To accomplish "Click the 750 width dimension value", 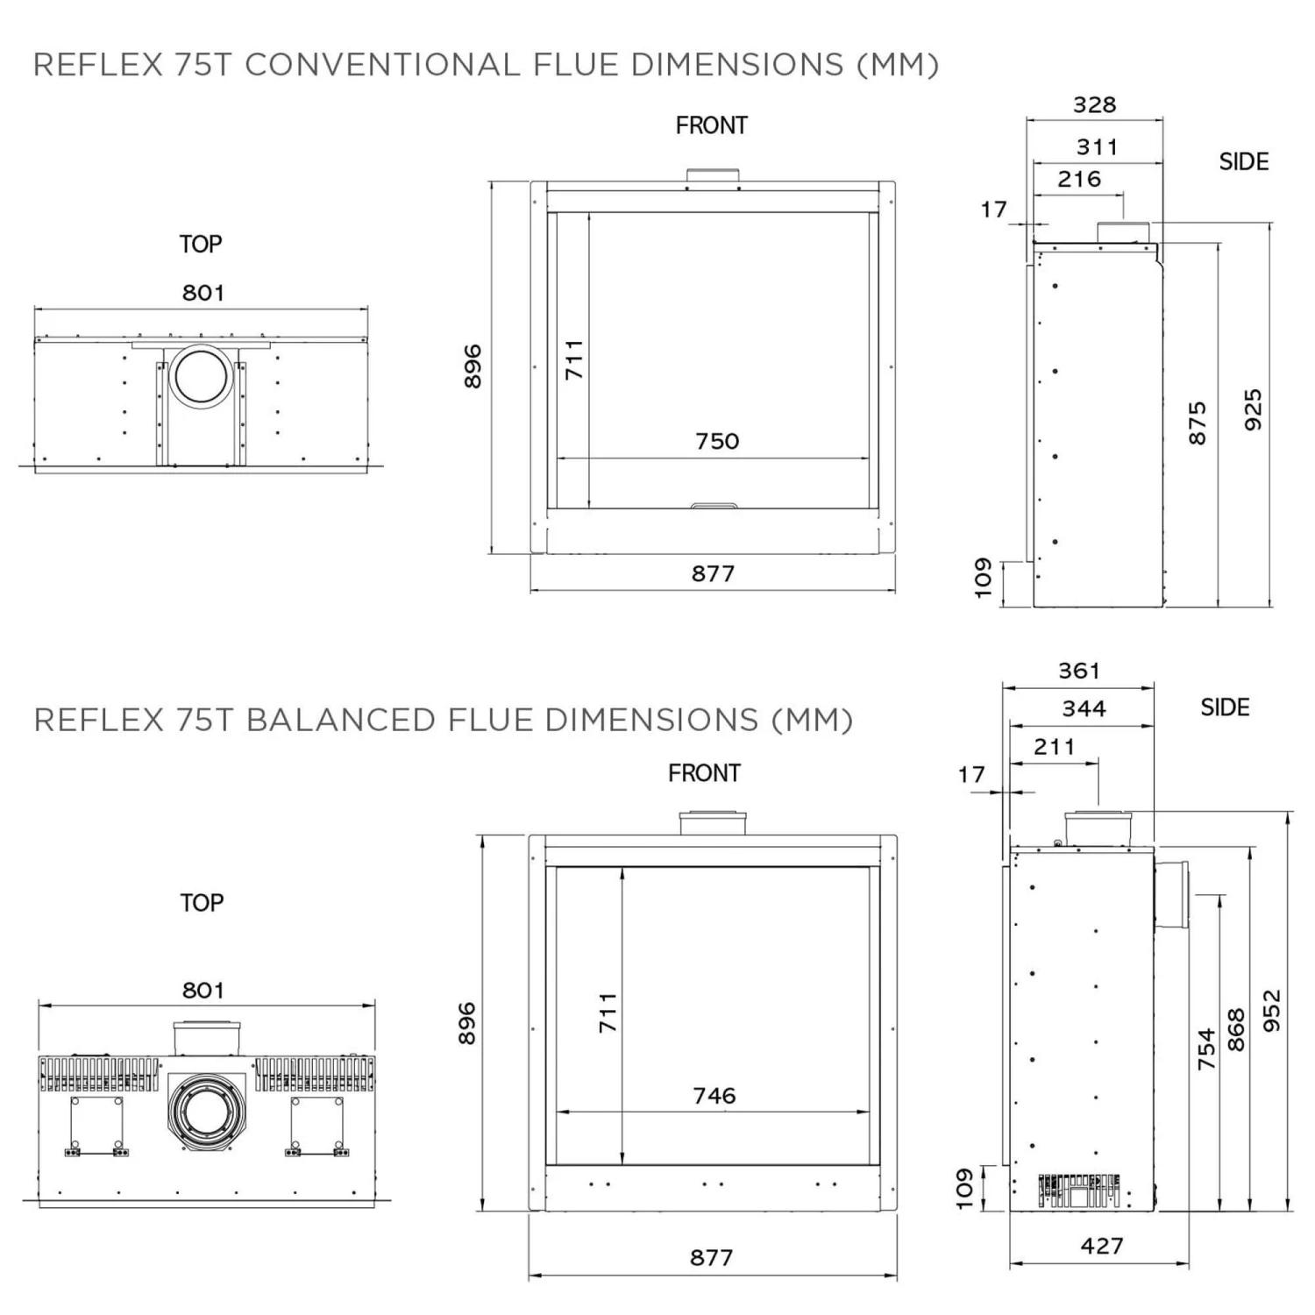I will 717,441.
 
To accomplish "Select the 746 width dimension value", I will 714,1095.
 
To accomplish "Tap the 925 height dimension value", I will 1254,409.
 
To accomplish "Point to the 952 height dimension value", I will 1272,1011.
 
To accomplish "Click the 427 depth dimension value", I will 1102,1246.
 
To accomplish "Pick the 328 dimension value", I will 1095,105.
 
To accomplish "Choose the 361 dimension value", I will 1078,671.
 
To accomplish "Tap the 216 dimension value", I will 1079,180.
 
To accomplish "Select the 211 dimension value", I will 1054,747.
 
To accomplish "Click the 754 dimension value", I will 1207,1048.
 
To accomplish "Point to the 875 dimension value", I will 1198,423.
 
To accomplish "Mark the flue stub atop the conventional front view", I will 713,176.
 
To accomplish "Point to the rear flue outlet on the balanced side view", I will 1172,894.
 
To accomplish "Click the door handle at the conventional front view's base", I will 714,506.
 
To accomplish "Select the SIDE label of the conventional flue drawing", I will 1243,162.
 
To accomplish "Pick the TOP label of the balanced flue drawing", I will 202,903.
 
